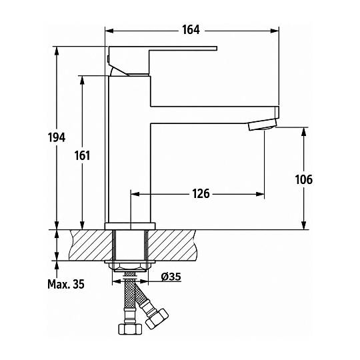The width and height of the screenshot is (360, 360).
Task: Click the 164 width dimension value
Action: point(191,30)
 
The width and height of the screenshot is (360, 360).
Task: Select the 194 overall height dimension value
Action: point(57,137)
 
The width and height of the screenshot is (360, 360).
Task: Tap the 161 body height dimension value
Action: point(82,155)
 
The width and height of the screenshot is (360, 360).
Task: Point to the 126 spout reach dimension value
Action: point(201,193)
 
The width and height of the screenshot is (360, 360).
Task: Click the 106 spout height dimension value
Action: point(304,179)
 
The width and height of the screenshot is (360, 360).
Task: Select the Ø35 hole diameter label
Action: point(171,277)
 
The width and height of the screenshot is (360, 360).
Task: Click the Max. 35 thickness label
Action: point(66,284)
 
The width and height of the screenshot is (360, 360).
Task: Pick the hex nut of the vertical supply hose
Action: point(129,329)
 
